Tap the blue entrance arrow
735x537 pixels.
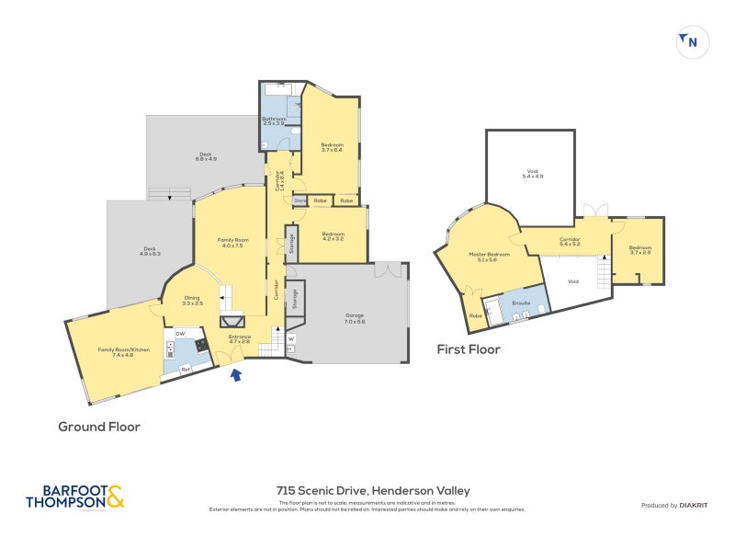click(237, 373)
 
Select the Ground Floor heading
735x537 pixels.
click(98, 427)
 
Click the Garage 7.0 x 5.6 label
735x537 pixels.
click(355, 318)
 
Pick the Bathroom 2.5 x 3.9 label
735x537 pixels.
click(275, 121)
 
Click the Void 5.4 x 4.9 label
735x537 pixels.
click(532, 173)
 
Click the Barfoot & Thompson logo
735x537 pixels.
click(75, 497)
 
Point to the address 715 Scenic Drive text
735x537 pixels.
click(373, 491)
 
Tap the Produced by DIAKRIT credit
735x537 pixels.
click(674, 506)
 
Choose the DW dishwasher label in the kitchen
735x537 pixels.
click(181, 333)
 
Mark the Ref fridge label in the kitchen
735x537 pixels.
click(185, 370)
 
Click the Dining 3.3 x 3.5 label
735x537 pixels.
click(192, 300)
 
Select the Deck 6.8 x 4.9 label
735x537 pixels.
click(207, 156)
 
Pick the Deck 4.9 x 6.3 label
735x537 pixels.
click(150, 250)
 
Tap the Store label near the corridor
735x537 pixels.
click(300, 200)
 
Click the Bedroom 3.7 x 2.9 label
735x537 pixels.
click(640, 249)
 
